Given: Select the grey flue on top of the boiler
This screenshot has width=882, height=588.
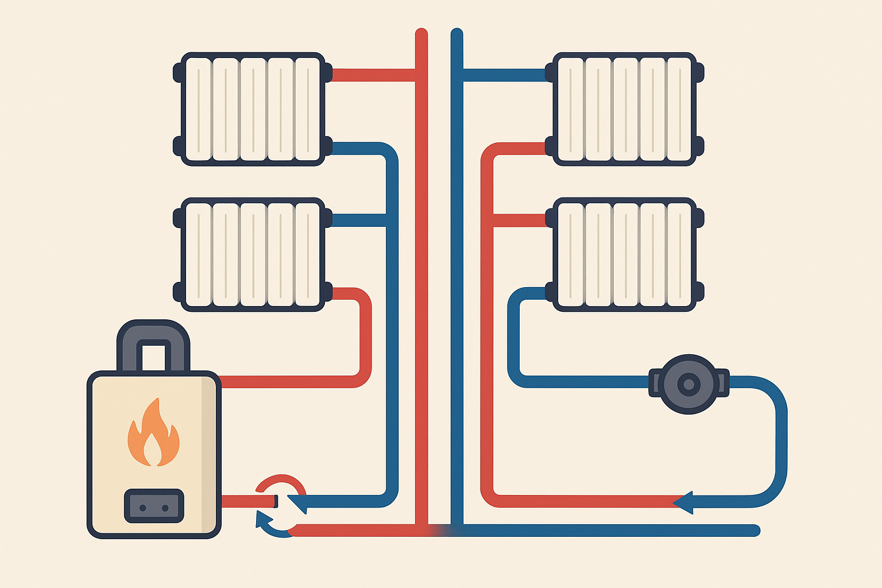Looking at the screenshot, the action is tap(153, 345).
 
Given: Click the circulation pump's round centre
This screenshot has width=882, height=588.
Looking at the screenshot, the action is tap(688, 384).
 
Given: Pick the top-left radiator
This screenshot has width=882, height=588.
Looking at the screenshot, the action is tap(253, 109).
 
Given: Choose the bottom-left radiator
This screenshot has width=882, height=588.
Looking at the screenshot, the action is tap(253, 254).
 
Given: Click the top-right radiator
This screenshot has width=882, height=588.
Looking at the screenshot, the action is tap(624, 109).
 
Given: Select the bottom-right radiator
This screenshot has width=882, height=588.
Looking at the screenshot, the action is tap(624, 254).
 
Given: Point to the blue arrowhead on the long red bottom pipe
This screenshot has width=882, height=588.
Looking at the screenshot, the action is tap(683, 502).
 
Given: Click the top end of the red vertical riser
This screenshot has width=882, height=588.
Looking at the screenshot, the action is tap(421, 33).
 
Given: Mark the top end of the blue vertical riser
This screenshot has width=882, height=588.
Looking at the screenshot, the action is tap(457, 33).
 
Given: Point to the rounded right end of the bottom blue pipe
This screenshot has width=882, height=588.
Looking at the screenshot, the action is tap(756, 530).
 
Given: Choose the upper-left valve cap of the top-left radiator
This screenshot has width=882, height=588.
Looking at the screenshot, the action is tap(177, 72).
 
